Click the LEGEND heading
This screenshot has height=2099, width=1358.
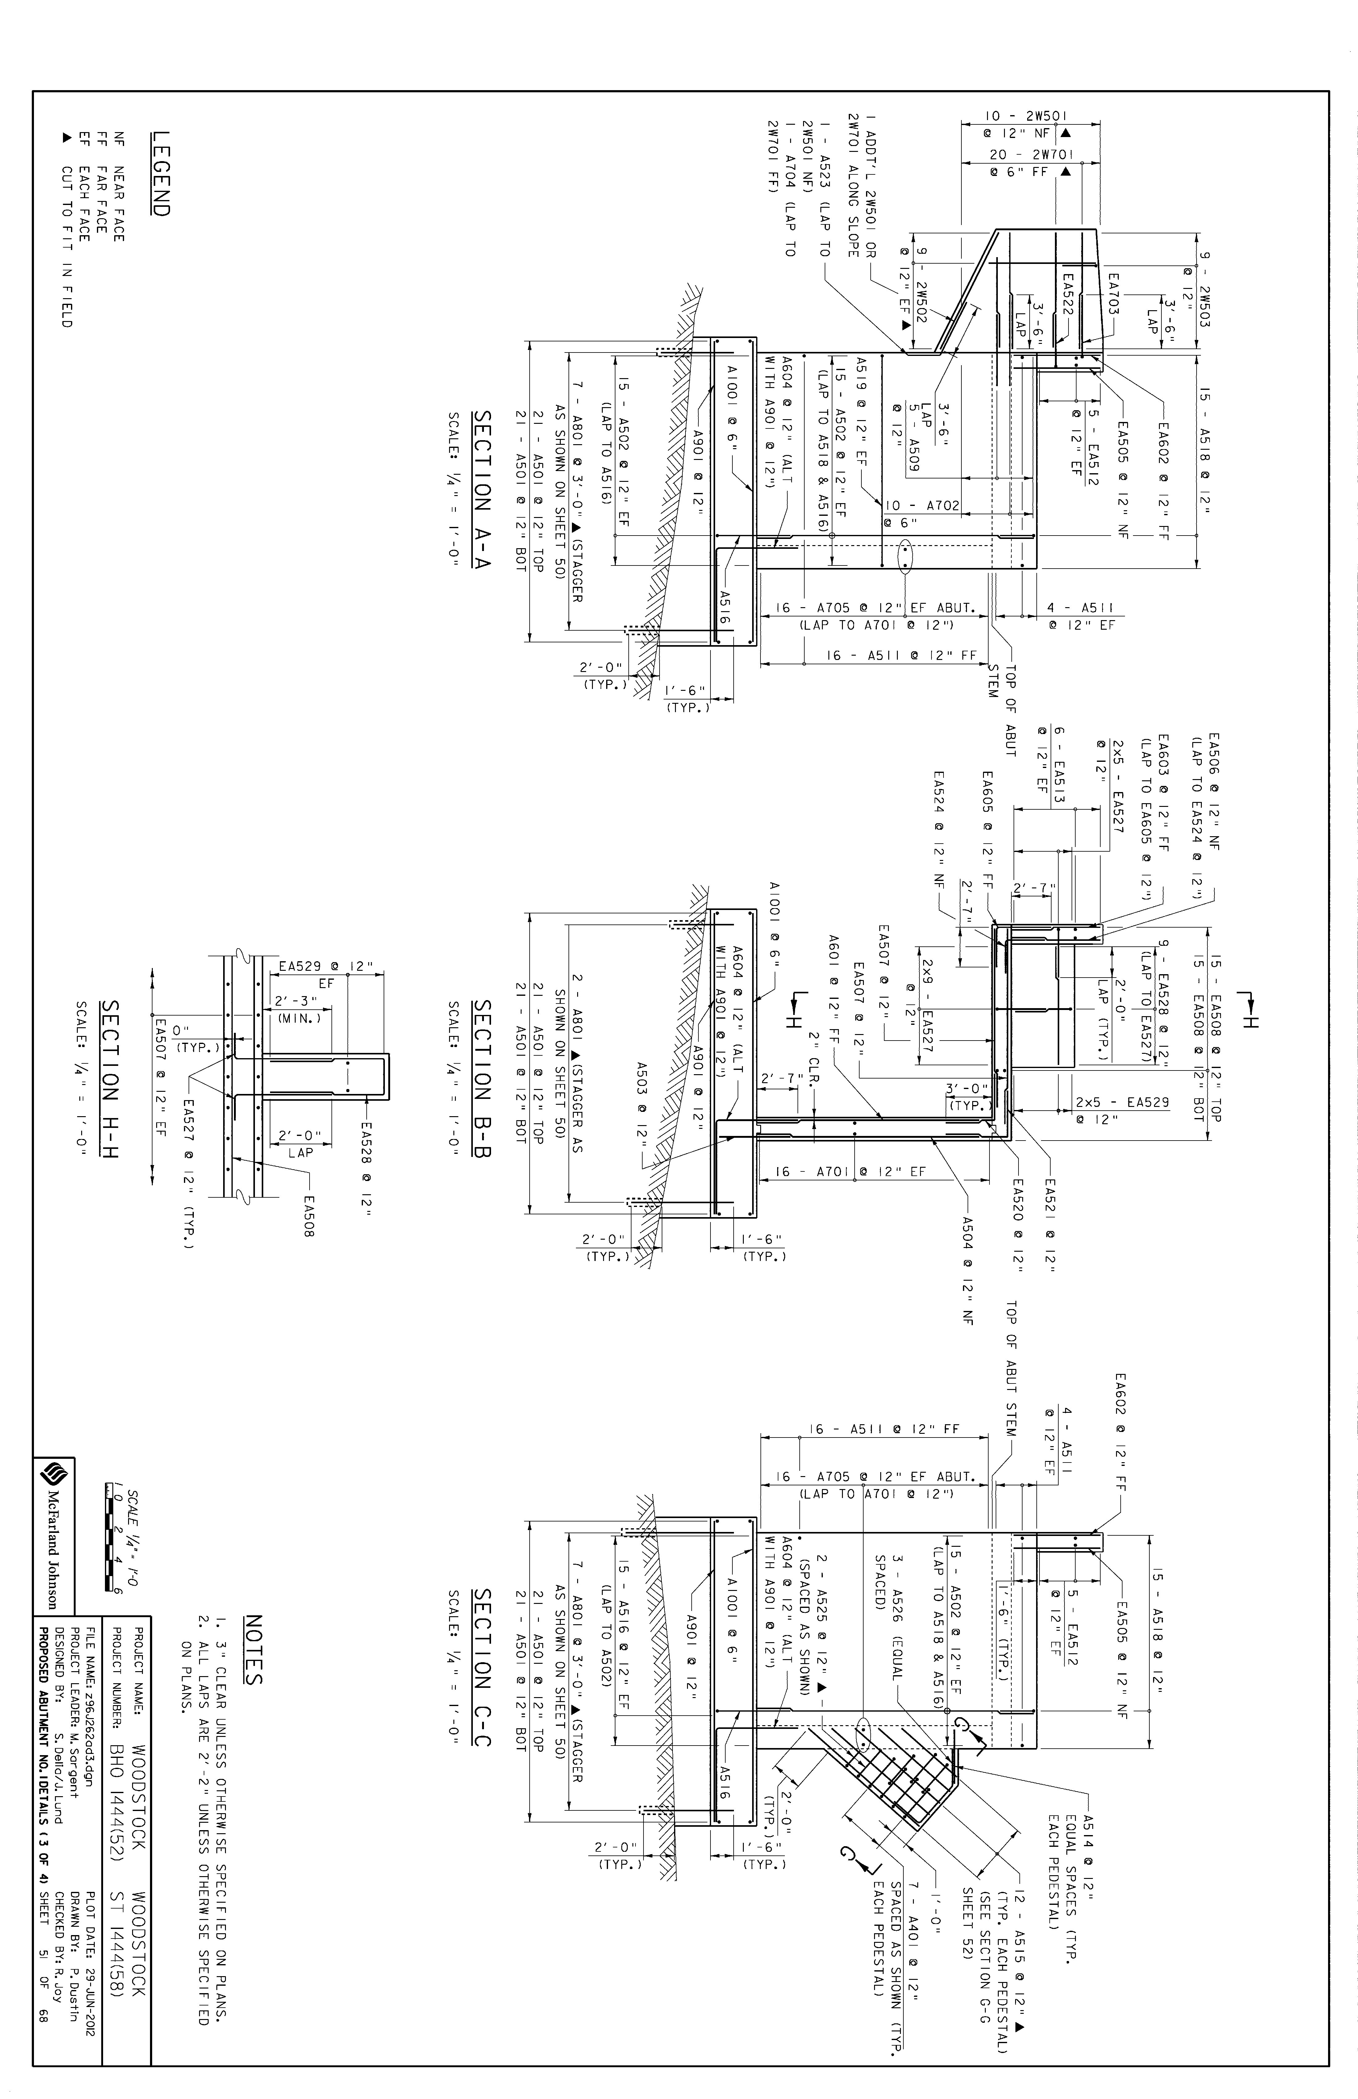click(x=161, y=174)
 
